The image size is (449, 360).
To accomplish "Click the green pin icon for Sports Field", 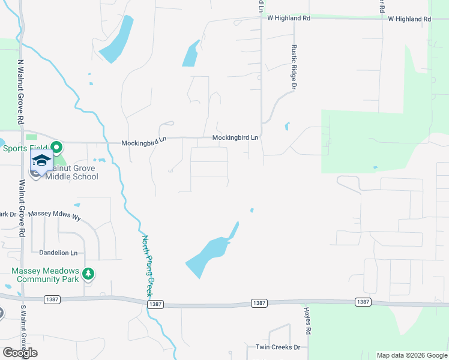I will point(56,147).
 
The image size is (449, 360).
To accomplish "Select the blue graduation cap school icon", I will point(41,160).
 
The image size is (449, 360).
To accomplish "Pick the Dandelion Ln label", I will point(58,253).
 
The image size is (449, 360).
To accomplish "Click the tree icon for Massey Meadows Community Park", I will point(88,274).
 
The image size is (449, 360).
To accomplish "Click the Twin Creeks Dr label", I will point(277,347).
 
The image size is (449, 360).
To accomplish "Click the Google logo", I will point(20,353).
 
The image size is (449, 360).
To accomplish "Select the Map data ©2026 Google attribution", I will point(411,355).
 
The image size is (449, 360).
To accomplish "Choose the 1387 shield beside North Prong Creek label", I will point(155,304).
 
